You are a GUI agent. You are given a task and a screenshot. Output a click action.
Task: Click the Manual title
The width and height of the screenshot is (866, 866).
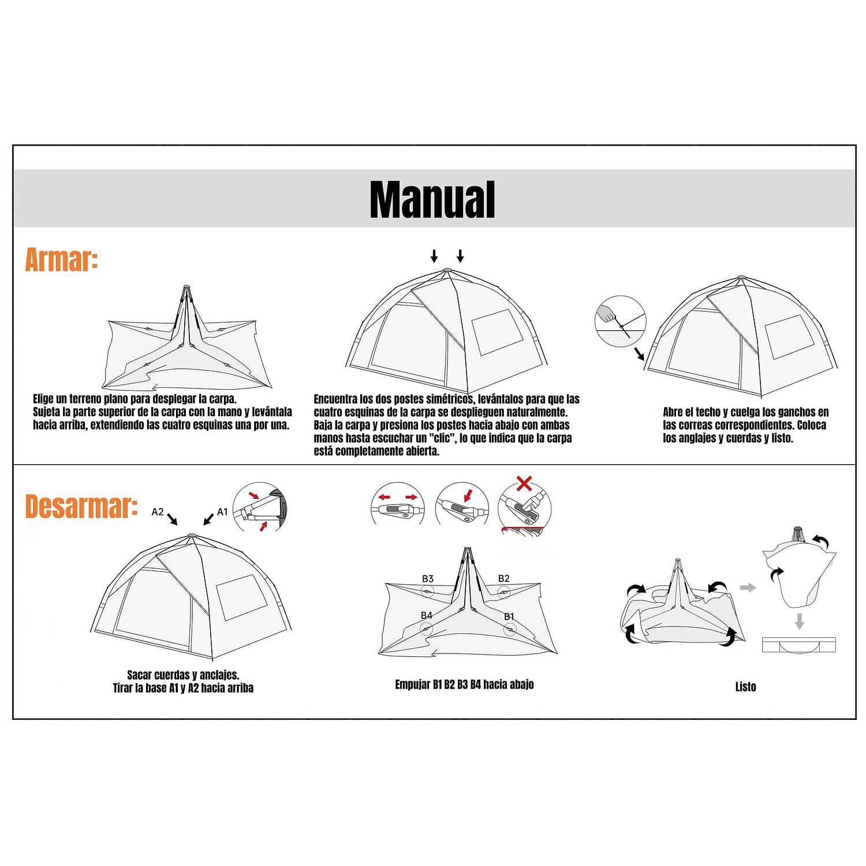click(432, 199)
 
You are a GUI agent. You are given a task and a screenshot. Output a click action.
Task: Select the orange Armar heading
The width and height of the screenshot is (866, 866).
click(61, 260)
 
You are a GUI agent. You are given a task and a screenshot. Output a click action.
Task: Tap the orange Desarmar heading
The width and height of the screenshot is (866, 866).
click(81, 506)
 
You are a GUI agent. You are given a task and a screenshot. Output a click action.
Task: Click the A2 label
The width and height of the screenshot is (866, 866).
click(158, 512)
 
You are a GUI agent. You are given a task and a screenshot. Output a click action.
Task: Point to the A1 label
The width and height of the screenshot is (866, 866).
click(222, 512)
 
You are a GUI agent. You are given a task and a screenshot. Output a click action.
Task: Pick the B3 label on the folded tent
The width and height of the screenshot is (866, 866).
click(427, 578)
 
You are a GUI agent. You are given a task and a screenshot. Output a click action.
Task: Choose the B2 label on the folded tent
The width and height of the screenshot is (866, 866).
click(504, 578)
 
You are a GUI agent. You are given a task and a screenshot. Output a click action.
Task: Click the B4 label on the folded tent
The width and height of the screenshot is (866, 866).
click(427, 615)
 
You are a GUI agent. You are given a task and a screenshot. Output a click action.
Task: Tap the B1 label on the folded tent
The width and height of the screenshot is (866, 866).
click(509, 617)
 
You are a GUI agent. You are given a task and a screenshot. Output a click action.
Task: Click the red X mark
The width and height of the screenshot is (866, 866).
click(524, 483)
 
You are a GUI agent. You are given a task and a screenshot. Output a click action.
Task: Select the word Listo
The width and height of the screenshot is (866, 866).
click(745, 686)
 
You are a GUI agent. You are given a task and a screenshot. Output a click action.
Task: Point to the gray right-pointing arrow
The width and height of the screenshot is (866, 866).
click(748, 588)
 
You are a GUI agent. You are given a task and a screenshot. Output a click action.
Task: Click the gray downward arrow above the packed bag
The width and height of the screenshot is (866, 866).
click(799, 621)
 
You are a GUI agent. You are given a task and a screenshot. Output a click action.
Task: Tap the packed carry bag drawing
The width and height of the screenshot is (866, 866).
click(799, 645)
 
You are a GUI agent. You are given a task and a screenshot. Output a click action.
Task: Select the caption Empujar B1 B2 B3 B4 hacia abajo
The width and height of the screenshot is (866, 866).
click(464, 685)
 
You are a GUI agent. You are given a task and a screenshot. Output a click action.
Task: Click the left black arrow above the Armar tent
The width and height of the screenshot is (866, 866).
click(434, 256)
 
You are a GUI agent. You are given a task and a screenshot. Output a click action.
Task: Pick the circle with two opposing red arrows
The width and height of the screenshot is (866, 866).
click(398, 503)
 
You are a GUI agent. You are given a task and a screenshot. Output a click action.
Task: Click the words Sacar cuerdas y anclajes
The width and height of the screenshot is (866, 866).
click(183, 675)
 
